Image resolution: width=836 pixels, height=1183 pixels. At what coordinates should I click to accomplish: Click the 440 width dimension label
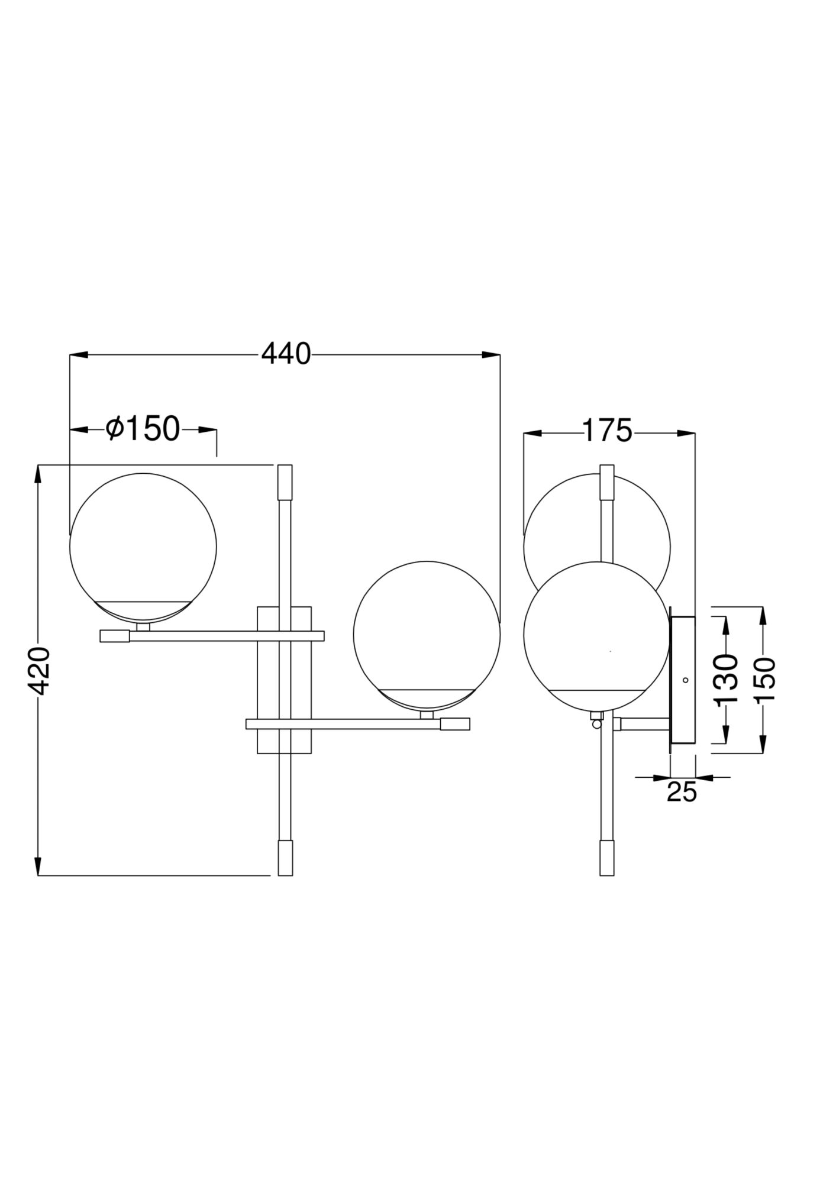[286, 355]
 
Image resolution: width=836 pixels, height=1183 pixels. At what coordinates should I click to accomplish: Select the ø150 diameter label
[143, 429]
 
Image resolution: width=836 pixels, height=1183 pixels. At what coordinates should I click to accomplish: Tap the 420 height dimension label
[39, 670]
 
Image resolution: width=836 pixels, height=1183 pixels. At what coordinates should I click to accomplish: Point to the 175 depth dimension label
[608, 431]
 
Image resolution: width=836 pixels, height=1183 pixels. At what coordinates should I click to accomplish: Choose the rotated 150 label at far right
[764, 680]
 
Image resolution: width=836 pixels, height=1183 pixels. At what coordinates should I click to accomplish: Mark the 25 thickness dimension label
[682, 792]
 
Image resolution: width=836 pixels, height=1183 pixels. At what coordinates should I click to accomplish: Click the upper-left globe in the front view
[143, 547]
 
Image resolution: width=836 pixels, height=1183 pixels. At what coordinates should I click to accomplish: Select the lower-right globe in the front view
[426, 635]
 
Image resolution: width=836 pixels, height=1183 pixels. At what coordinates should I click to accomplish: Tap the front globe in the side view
[596, 635]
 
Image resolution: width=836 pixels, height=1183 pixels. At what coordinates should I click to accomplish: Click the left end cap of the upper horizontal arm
[115, 636]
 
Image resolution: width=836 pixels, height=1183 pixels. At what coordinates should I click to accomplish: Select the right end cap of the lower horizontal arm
[455, 724]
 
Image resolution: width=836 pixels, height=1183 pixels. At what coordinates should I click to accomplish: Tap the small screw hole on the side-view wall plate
[686, 680]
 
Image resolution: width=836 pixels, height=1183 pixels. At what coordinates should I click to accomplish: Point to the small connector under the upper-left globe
[143, 627]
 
